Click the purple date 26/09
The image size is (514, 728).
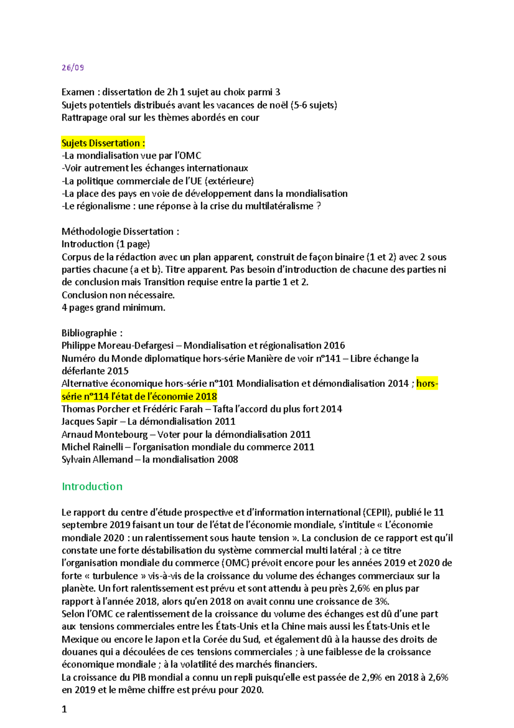point(72,68)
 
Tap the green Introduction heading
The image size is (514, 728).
point(92,486)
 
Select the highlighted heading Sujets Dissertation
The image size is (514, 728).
point(103,143)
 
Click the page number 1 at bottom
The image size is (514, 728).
point(64,709)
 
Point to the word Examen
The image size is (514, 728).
point(78,92)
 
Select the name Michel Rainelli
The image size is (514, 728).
point(92,447)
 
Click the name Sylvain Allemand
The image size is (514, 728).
point(97,460)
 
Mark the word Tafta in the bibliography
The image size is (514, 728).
point(223,409)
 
